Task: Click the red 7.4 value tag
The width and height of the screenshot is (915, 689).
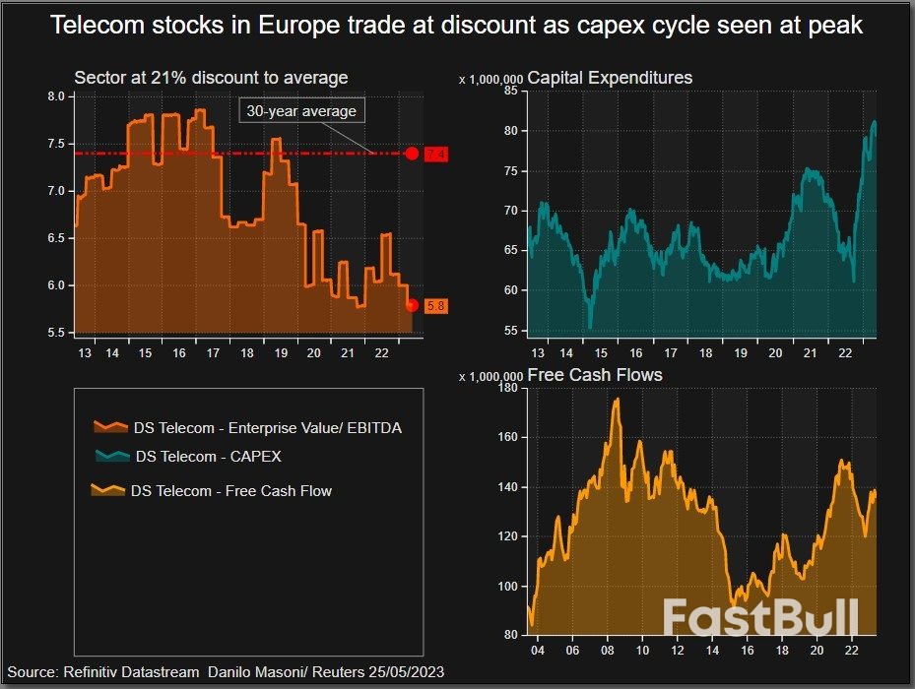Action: (x=436, y=155)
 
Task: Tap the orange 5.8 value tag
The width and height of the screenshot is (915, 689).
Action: (x=436, y=306)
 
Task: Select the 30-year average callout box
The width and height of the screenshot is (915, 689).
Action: (x=301, y=111)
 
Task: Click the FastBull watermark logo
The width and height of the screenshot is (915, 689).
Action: (x=759, y=618)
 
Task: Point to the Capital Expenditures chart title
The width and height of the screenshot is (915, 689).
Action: (x=610, y=78)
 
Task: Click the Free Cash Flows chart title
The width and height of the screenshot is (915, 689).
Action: (x=595, y=375)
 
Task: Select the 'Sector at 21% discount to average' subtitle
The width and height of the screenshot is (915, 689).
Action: (x=211, y=78)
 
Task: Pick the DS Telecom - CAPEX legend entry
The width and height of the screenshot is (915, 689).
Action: (x=208, y=457)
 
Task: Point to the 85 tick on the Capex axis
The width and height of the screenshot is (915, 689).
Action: (x=510, y=91)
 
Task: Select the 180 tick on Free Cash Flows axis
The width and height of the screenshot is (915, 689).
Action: (x=507, y=388)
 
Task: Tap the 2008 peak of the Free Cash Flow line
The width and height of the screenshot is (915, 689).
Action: (x=617, y=399)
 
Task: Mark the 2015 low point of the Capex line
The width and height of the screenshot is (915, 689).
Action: (x=590, y=327)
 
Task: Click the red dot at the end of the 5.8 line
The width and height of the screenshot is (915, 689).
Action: (x=412, y=305)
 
